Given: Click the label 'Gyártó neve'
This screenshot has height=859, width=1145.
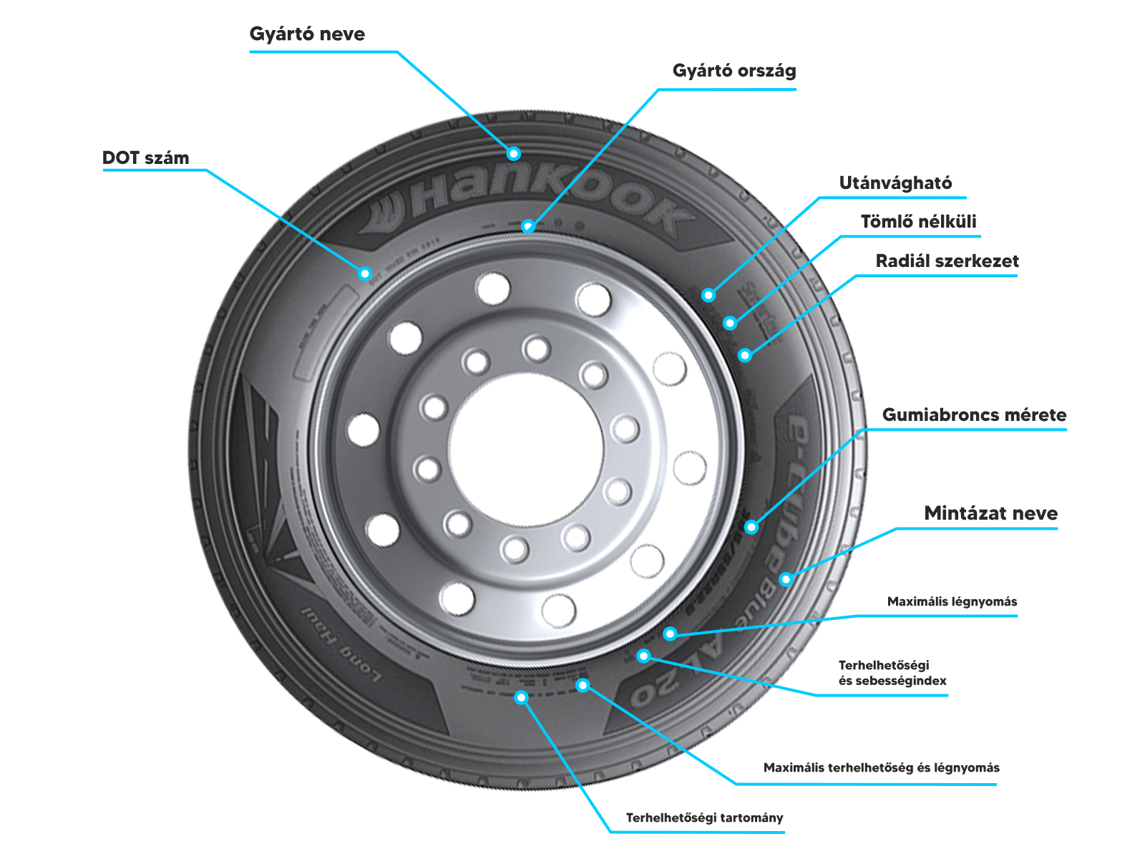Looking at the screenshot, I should point(307,34).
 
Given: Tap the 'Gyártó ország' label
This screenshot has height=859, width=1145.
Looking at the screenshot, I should point(734,71).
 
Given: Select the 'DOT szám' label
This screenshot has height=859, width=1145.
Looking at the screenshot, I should point(146,158).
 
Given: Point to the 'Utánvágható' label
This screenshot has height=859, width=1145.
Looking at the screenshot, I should point(895,183).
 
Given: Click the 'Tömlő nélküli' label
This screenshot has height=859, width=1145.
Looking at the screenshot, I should point(918,222).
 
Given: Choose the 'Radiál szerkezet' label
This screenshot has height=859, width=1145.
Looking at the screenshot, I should point(947,261).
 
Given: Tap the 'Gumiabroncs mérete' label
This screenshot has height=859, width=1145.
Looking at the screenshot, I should point(974,415).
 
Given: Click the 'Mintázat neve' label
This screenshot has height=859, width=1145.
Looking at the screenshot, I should point(990,513).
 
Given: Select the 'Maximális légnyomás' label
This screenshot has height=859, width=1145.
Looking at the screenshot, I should point(952,601).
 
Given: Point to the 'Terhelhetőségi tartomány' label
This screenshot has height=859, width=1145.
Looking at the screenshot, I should point(704,817).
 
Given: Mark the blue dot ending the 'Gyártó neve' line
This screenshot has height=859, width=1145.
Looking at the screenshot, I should point(513,153).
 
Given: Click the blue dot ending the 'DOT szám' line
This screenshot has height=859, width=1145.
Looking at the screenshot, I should point(365,273).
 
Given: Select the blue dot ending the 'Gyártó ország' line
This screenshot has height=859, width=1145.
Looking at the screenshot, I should point(527,226).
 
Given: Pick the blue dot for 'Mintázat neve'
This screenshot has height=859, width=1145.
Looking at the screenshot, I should point(786,579).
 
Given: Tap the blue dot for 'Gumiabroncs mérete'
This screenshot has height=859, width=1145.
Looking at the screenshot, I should point(751,527).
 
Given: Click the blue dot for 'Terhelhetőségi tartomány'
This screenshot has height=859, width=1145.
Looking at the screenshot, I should point(521,697).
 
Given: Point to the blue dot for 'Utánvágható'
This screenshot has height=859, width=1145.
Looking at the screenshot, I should point(708,295).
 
